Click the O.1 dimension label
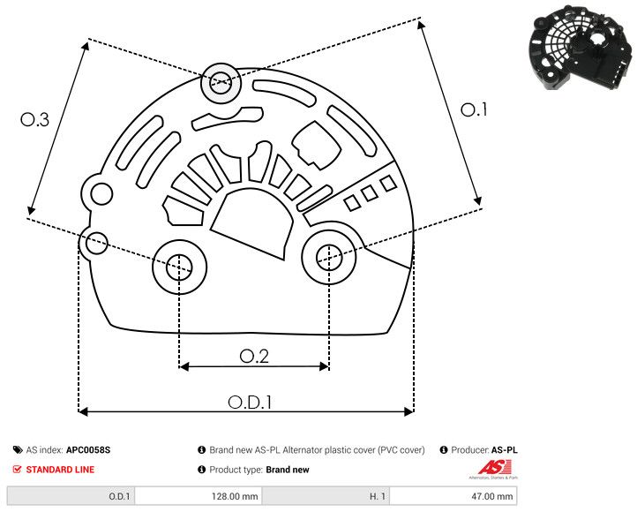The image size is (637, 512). click(x=474, y=109)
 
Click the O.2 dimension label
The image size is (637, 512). click(x=254, y=355)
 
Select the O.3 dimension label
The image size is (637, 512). click(x=34, y=119)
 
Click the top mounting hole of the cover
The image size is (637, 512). click(x=219, y=85)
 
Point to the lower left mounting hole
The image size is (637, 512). click(x=179, y=265)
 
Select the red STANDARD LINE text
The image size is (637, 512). click(x=60, y=470)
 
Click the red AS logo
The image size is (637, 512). click(x=489, y=467)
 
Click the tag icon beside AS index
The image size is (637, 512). click(x=18, y=449)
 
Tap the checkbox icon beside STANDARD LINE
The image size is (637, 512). click(x=18, y=470)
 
